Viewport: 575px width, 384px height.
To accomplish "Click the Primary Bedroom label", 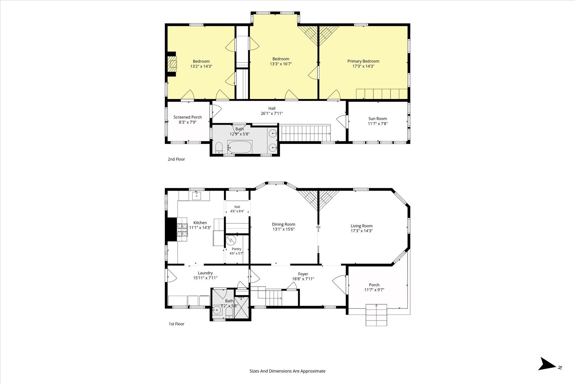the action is (363, 61).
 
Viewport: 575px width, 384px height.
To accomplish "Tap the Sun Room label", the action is (378, 119).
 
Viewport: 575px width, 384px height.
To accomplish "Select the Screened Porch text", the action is (188, 117).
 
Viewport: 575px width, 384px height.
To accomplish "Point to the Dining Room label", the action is (284, 224).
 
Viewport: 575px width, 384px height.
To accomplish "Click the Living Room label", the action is (362, 226).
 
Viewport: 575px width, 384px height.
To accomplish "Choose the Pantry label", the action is (237, 249).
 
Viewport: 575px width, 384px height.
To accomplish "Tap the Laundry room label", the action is (205, 273).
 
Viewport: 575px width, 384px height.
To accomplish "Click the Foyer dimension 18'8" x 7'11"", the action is (303, 279).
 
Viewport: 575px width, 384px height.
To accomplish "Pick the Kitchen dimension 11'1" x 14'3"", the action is (200, 228).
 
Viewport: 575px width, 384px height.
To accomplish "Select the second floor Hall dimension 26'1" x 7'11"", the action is (272, 113).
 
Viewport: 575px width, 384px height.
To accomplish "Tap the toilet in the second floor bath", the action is (219, 147).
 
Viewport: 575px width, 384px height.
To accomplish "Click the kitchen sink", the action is (196, 196).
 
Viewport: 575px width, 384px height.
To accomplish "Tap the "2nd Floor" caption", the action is (176, 159).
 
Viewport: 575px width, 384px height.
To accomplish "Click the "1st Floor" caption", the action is (176, 324).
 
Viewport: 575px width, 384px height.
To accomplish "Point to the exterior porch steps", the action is (376, 315).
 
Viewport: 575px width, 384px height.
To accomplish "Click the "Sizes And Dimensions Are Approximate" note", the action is (287, 371).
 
